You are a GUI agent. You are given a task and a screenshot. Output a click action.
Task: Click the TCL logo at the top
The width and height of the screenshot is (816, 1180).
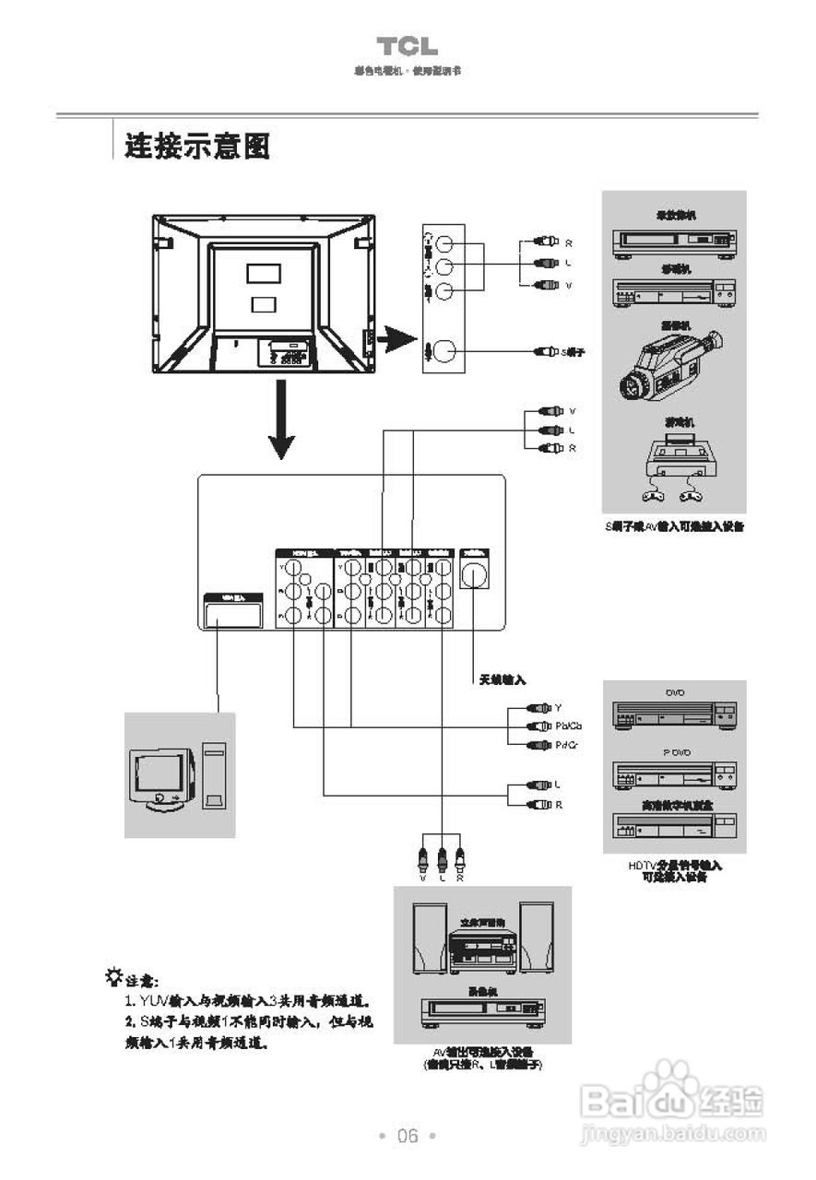[x=407, y=47]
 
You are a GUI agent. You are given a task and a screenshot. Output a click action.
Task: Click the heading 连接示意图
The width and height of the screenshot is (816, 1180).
[x=197, y=146]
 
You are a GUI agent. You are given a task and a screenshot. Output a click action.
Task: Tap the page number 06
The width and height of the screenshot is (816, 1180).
[x=408, y=1136]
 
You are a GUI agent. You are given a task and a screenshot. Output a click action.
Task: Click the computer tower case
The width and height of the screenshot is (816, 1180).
[x=213, y=778]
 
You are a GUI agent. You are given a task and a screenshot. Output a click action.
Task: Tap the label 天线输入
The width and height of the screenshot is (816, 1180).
[x=502, y=679]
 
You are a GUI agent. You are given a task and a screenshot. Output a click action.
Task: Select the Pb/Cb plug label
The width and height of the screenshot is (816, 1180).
[x=569, y=726]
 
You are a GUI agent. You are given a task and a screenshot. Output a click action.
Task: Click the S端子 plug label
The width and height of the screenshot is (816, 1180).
[x=574, y=352]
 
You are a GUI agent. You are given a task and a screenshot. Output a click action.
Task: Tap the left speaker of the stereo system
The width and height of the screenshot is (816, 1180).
[x=429, y=937]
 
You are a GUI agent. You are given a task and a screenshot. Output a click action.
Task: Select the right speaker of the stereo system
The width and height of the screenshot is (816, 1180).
[x=537, y=937]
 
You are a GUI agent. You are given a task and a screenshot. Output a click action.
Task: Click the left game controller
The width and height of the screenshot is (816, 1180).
[x=653, y=498]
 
